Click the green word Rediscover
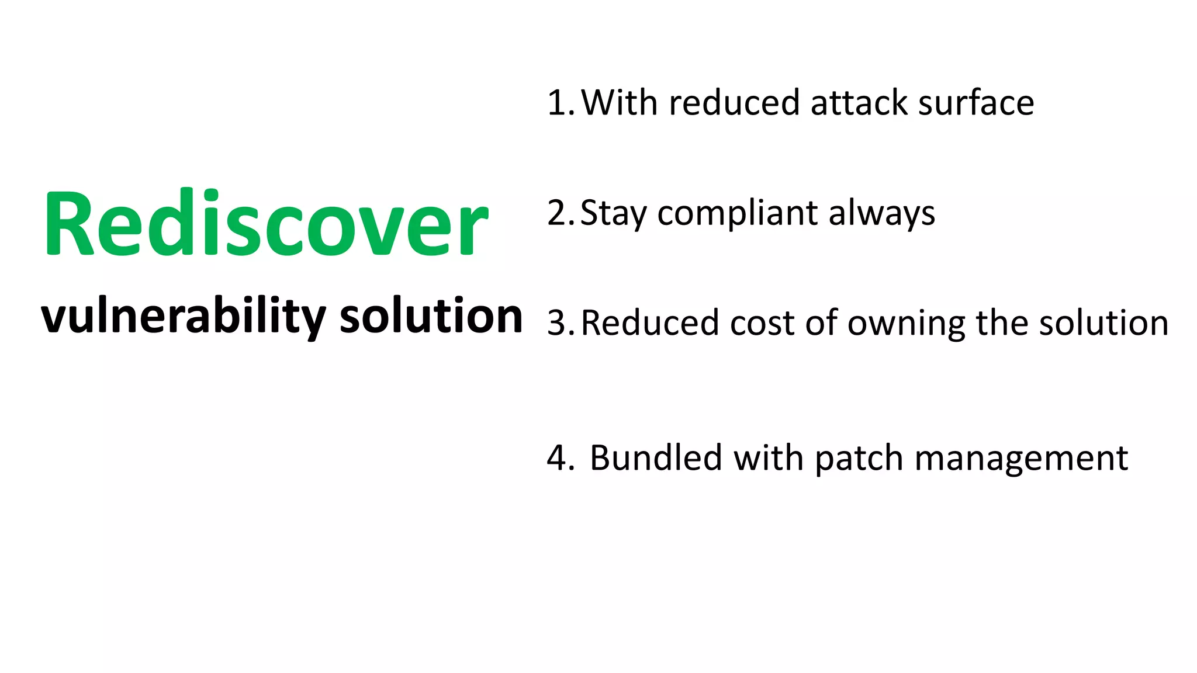tap(266, 224)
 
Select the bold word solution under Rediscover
tap(431, 317)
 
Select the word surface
tap(976, 103)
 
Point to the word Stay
tap(613, 213)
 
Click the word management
tap(1021, 458)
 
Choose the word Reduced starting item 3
tap(650, 323)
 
